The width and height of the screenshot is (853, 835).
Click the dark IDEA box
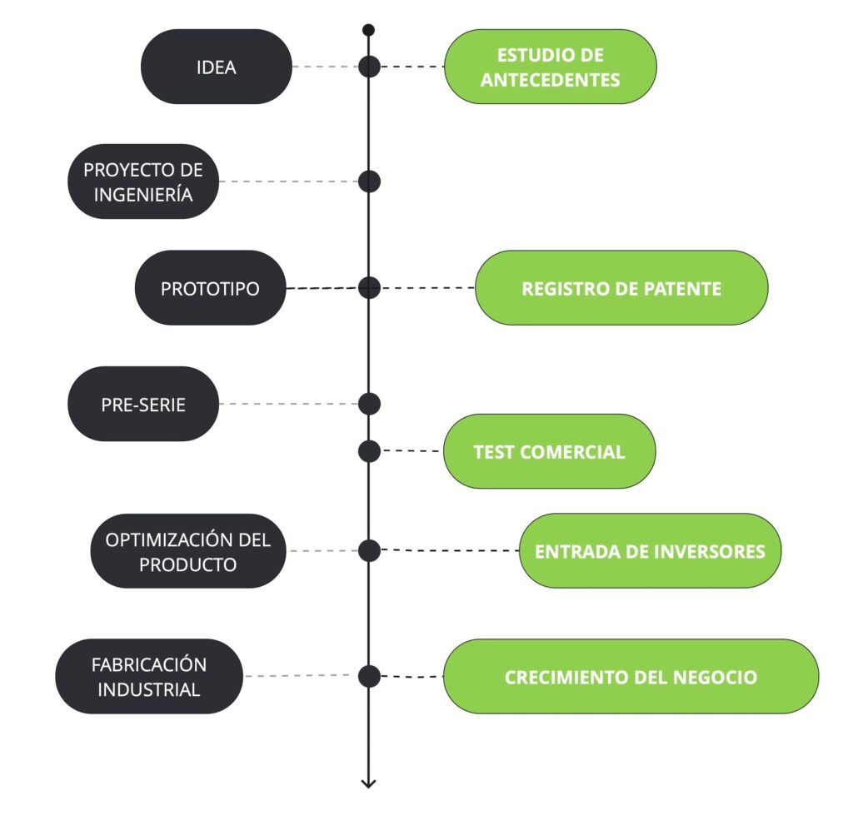[217, 67]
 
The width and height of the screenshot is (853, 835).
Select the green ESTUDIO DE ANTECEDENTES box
[550, 67]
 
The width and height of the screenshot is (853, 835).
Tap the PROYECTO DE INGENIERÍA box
[143, 181]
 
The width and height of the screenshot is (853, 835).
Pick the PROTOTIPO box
[210, 288]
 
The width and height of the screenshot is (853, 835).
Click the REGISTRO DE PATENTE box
[621, 288]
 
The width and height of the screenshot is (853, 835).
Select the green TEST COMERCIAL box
[549, 451]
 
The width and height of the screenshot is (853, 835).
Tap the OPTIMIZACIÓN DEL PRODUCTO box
[188, 551]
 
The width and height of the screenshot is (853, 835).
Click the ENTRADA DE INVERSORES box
[650, 551]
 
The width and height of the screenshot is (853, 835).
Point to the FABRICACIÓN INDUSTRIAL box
[149, 676]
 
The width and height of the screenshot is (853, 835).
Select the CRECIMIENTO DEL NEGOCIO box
[631, 676]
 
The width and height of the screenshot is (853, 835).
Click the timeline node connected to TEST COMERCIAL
[369, 451]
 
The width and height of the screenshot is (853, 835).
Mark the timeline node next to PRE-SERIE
[369, 404]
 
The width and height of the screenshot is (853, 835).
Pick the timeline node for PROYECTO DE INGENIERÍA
[369, 181]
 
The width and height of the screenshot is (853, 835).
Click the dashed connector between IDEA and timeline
[325, 67]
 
